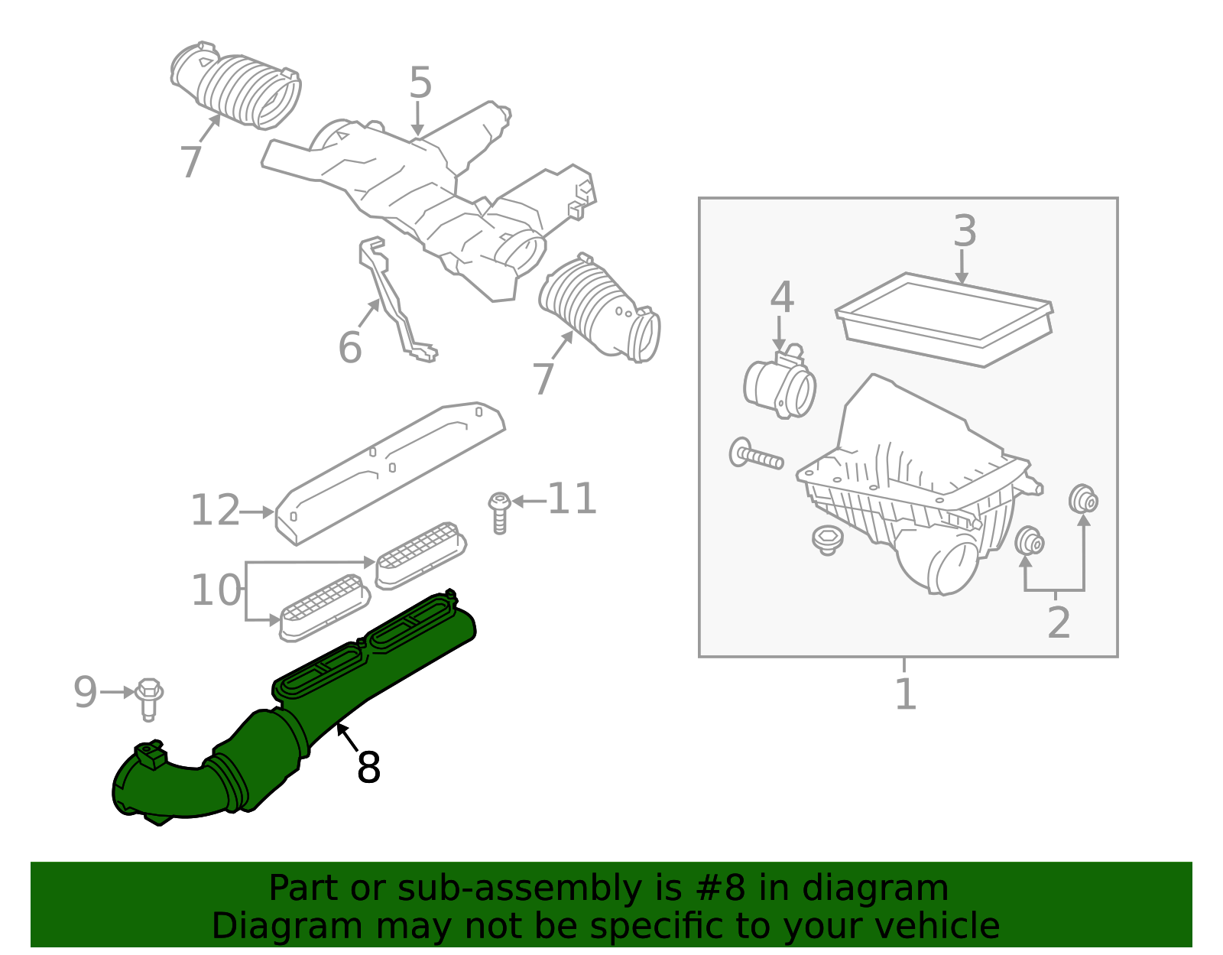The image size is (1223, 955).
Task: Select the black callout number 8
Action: [x=368, y=767]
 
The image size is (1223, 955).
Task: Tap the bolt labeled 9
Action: [x=149, y=698]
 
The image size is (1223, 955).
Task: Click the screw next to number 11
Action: [x=499, y=512]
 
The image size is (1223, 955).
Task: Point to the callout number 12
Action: [x=215, y=511]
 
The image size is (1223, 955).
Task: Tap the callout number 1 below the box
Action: [x=905, y=694]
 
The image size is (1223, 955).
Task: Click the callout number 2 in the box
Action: [x=1059, y=622]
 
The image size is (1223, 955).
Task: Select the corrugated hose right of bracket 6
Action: [x=600, y=310]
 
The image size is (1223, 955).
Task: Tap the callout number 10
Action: [x=215, y=590]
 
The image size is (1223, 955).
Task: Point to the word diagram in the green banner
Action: [x=875, y=888]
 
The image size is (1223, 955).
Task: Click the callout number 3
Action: [x=965, y=231]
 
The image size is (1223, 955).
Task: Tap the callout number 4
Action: [x=781, y=297]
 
